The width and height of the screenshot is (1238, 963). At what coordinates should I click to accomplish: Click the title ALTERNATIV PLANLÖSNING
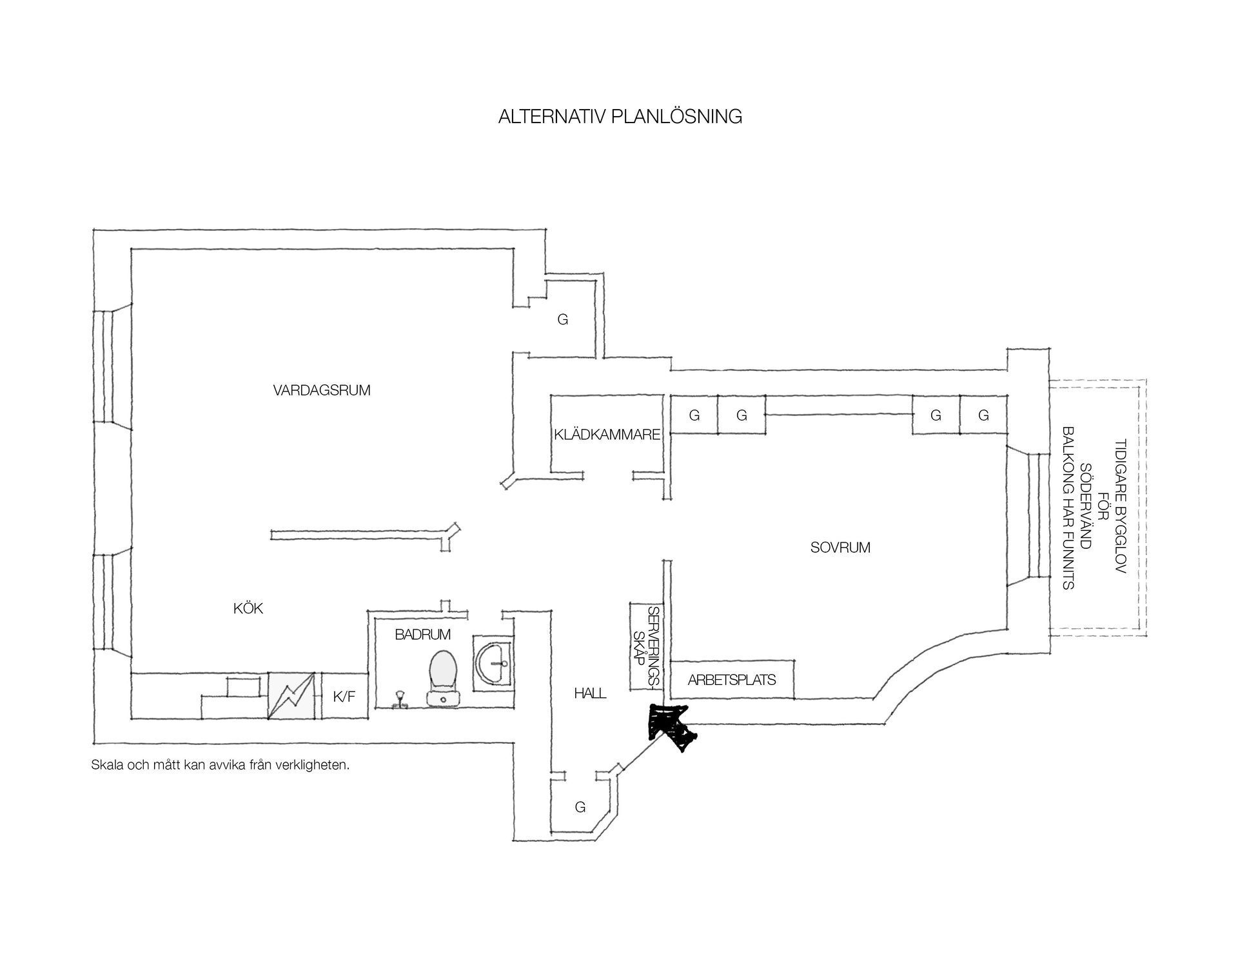click(x=620, y=116)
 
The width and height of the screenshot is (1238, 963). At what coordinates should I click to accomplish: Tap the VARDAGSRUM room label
click(x=322, y=390)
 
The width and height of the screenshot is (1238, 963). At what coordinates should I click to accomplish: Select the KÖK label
click(x=248, y=608)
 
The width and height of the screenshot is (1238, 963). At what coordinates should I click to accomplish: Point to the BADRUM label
click(x=423, y=635)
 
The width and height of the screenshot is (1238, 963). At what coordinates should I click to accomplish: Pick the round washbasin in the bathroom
click(x=494, y=662)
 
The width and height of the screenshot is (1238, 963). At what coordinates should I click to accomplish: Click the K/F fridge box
click(x=344, y=696)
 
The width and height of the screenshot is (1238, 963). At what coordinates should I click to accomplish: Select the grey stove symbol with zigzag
click(x=292, y=695)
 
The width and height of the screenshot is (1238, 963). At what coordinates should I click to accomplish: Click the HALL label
click(x=590, y=693)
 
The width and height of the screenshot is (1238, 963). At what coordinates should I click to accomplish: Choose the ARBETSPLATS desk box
click(x=732, y=679)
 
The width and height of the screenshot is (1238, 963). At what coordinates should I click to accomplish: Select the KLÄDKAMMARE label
click(x=607, y=435)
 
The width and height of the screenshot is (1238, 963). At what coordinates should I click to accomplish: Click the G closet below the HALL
click(x=580, y=807)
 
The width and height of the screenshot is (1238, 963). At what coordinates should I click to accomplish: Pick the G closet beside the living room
click(x=563, y=320)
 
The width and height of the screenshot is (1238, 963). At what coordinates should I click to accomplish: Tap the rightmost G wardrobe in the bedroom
click(x=983, y=415)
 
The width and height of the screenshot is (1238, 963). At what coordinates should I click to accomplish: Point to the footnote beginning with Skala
click(x=221, y=766)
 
